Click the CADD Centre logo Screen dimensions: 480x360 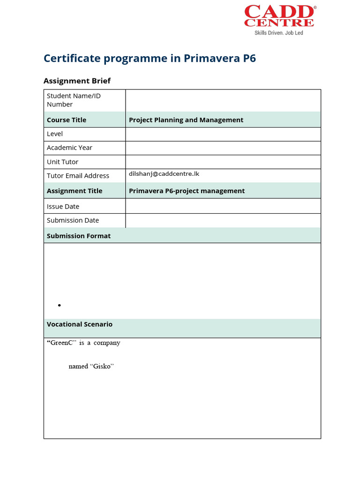tap(279, 16)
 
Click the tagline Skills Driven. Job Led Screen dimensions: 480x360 tap(279, 33)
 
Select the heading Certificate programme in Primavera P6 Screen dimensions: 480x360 tap(150, 59)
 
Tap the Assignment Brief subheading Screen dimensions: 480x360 tap(77, 81)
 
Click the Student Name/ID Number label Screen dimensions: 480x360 tap(74, 100)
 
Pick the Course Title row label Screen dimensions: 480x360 tap(67, 120)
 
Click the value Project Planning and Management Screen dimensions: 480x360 tap(186, 120)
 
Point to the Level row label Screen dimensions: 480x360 tap(55, 134)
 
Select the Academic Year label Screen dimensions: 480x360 tap(69, 148)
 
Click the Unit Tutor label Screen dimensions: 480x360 tap(62, 162)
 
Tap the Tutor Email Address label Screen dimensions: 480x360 tap(78, 176)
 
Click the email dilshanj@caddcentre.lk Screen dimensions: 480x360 tap(164, 174)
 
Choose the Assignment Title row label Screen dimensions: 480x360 tap(75, 191)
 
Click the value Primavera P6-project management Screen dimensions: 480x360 tap(187, 191)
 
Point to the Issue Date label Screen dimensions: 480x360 tap(63, 206)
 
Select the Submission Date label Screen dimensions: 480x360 tap(73, 220)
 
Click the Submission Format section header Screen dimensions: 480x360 tap(79, 236)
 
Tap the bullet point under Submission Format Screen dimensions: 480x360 tap(60, 306)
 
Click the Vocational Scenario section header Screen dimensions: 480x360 tap(80, 324)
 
